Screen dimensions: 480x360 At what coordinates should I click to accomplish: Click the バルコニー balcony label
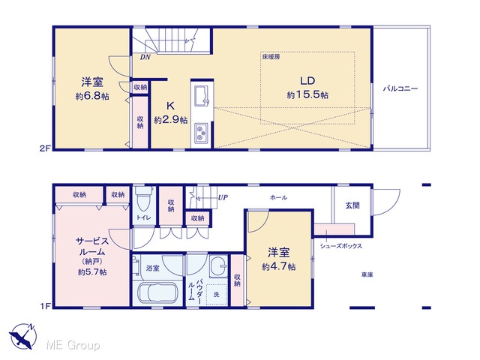pos(400,88)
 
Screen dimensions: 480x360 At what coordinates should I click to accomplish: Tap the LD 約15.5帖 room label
pos(307,88)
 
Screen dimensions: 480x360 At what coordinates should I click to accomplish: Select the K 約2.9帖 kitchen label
pos(171,112)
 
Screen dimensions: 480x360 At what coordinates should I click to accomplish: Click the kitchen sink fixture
pos(202,96)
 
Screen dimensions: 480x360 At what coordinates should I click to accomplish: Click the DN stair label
pos(145,57)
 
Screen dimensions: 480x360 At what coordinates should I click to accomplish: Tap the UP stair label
pos(223,197)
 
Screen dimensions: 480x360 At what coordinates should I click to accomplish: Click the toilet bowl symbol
pos(143,199)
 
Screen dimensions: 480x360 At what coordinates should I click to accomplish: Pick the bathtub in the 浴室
pos(157,293)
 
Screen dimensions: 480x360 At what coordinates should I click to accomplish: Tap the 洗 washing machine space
pos(217,295)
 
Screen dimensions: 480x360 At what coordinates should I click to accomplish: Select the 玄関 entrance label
pos(352,205)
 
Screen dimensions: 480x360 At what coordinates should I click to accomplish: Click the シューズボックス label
pos(341,246)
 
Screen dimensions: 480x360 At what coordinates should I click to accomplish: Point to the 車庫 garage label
pos(367,275)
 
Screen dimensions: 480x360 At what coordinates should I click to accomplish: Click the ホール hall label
pos(278,198)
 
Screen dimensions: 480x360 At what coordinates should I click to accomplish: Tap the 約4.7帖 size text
pos(278,267)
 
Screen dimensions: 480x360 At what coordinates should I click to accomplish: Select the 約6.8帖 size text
pos(92,97)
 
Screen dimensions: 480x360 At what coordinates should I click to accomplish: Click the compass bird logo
pos(23,336)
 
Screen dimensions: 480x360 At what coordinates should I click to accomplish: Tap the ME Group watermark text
pos(73,345)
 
